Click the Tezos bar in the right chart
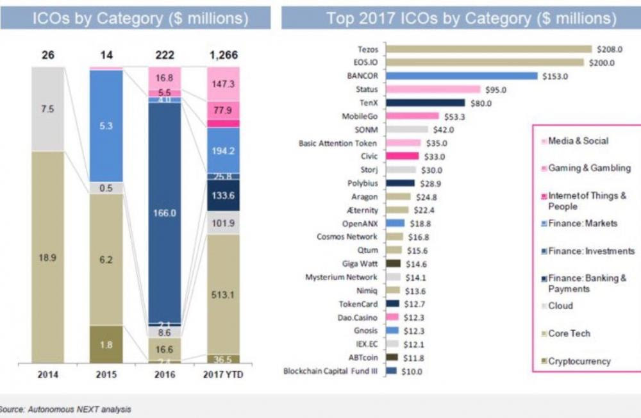click(489, 49)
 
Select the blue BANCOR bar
click(462, 76)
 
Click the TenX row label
click(368, 103)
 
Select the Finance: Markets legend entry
click(583, 224)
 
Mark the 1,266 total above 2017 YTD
click(222, 56)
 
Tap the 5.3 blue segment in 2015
click(106, 126)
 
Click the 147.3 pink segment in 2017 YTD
click(222, 83)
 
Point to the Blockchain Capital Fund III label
click(331, 371)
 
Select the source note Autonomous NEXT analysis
click(67, 408)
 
